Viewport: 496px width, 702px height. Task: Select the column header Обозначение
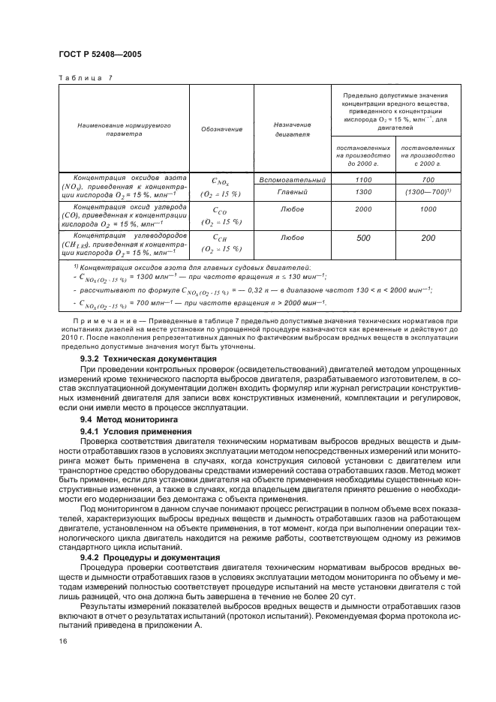tap(221, 130)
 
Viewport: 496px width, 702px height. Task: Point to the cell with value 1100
tap(364, 180)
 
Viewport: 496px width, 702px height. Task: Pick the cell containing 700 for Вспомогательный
tap(428, 180)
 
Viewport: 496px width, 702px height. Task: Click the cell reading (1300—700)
tap(428, 193)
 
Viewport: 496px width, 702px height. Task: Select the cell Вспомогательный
tap(292, 180)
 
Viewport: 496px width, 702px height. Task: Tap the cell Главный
tap(292, 193)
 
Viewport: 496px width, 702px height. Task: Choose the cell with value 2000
tap(364, 209)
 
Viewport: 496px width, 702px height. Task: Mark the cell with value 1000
tap(428, 209)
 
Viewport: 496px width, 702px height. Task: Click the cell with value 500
tap(364, 238)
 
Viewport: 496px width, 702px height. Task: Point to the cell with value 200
tap(428, 238)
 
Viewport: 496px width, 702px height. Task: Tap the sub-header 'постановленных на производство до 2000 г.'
tap(364, 154)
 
